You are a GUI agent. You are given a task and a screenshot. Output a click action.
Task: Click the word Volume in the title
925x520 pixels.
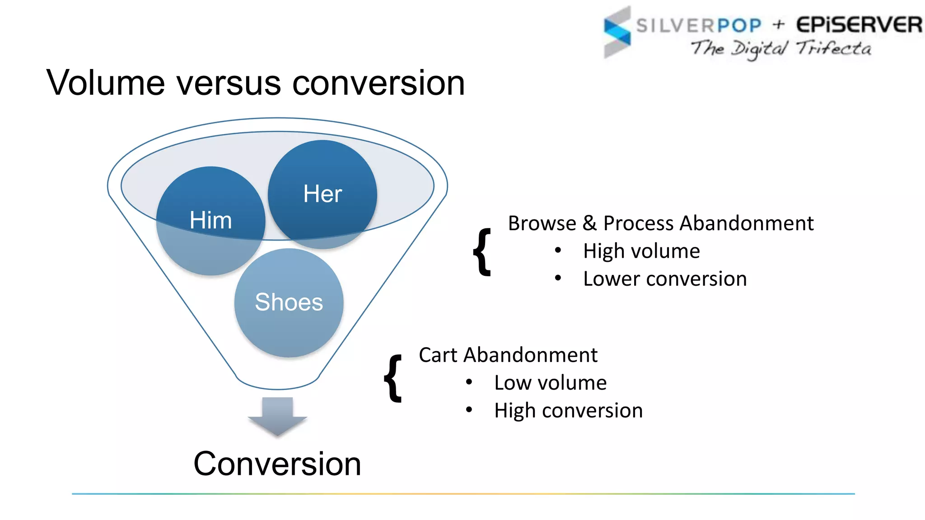106,84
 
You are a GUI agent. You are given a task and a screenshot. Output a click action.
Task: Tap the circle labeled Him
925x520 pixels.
210,221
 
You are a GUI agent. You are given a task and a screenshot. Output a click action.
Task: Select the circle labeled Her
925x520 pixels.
322,194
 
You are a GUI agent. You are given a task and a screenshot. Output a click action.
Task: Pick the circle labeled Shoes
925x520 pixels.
289,302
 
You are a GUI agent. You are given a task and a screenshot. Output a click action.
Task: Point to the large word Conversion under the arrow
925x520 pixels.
277,464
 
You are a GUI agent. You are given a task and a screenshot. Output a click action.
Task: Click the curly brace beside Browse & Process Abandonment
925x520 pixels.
482,252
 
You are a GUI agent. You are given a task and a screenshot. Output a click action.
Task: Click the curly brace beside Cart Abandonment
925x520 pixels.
393,378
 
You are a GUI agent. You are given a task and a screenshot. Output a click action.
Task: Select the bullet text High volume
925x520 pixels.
641,251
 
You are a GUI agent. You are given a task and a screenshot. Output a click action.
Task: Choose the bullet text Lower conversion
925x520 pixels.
665,279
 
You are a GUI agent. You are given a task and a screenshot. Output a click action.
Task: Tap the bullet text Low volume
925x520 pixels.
550,383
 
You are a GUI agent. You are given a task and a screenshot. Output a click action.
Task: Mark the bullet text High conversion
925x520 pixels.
568,411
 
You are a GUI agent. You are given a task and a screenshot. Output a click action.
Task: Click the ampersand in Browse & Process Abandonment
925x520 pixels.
589,223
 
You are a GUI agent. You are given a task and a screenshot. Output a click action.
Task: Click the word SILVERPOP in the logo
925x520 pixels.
699,25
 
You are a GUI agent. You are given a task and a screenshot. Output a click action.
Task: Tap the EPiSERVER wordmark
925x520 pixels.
859,25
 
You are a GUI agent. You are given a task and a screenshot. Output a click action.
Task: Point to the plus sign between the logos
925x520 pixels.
779,24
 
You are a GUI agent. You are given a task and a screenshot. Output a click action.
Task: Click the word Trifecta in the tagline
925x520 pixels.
834,48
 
